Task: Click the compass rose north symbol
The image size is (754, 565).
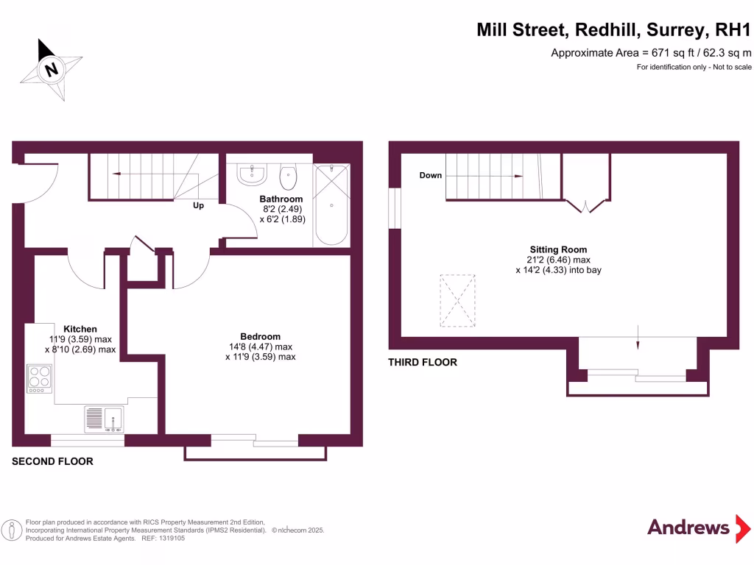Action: [51, 70]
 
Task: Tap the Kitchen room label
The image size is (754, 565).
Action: [80, 329]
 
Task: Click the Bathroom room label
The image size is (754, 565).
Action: [281, 199]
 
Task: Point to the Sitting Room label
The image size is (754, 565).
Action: [558, 249]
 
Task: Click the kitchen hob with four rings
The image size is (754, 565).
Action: [39, 379]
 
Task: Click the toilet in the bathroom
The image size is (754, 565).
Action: [288, 177]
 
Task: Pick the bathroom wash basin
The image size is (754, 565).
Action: [252, 175]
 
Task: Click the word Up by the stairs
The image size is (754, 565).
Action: [198, 206]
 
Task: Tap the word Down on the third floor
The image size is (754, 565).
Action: [431, 176]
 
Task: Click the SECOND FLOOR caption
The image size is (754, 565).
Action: [52, 461]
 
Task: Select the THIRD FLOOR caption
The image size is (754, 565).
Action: [423, 362]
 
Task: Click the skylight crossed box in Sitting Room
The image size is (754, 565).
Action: [458, 300]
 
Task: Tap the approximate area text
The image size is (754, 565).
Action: [651, 52]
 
